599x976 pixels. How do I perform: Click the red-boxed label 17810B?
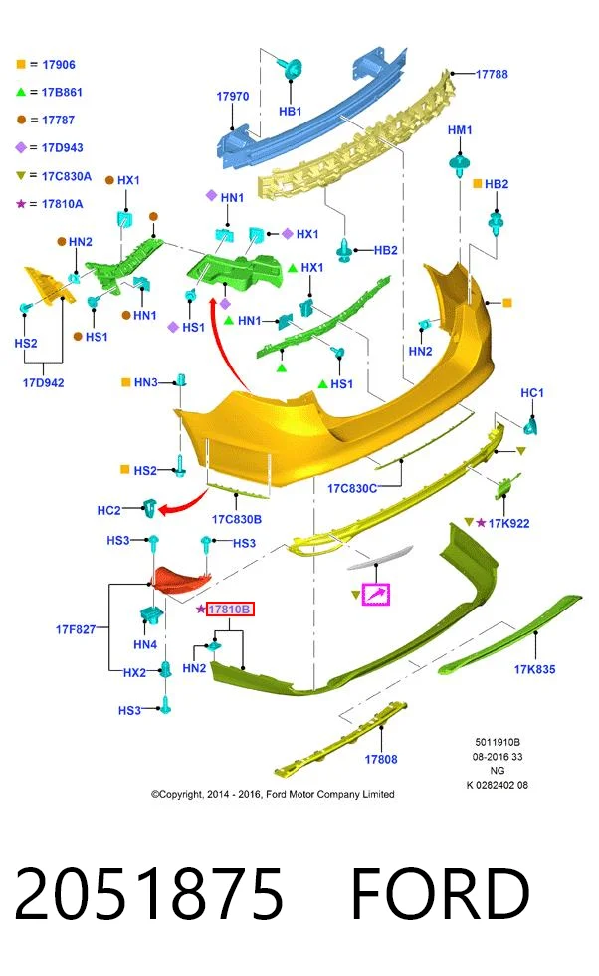[x=230, y=609]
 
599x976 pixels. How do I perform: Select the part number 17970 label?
[x=232, y=96]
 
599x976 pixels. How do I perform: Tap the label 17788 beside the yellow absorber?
[x=492, y=74]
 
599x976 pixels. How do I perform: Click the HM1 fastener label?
[x=460, y=130]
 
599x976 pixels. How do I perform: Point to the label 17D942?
[x=44, y=382]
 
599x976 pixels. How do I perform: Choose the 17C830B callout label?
[x=237, y=519]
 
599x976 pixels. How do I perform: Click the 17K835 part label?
[x=534, y=669]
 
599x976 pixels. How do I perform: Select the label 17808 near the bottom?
[x=381, y=759]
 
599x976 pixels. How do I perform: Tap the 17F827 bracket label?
[x=76, y=629]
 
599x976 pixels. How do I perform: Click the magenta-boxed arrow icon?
[x=376, y=594]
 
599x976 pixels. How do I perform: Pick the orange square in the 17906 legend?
[x=21, y=64]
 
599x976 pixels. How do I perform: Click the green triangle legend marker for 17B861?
[x=21, y=92]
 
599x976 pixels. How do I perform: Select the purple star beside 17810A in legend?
[x=21, y=203]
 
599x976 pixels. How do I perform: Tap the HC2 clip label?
[x=108, y=510]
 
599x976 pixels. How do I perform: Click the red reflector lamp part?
[x=182, y=579]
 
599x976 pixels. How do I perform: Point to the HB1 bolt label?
[x=290, y=111]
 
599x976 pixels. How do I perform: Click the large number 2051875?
[x=148, y=894]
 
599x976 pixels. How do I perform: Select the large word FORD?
[x=441, y=894]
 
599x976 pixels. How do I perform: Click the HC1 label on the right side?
[x=531, y=392]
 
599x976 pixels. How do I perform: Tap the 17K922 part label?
[x=508, y=523]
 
